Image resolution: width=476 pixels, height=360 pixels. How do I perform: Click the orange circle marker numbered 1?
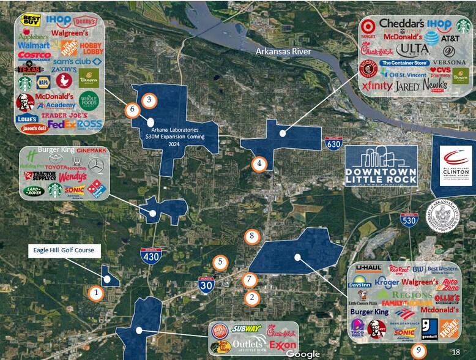[95, 293]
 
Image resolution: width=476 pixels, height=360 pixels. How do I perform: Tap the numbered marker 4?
[259, 163]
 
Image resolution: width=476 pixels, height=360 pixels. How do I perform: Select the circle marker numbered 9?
[419, 351]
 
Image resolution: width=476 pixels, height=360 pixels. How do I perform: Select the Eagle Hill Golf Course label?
[63, 250]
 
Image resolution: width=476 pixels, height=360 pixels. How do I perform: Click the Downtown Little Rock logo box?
[381, 165]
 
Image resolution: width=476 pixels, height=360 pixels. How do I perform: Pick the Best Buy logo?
[31, 21]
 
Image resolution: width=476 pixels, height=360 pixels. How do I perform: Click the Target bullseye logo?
[368, 26]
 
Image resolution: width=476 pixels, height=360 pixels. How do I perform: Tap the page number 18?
[455, 351]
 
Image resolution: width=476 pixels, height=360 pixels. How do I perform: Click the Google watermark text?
[303, 354]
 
